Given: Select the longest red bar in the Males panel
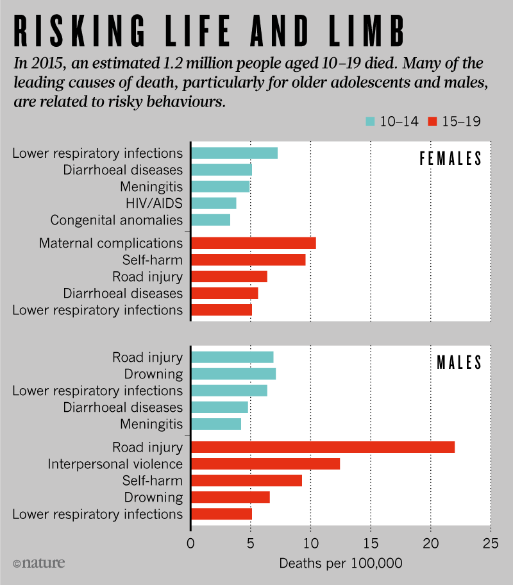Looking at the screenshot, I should pos(323,447).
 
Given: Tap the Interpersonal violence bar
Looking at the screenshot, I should pos(265,464).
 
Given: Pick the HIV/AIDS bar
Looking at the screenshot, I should pos(214,203).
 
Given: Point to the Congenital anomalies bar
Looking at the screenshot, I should pos(210,220).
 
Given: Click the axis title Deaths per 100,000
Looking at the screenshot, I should pos(341,564).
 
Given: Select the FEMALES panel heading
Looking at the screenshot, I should pos(450,160).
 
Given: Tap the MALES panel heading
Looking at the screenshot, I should pos(459,362).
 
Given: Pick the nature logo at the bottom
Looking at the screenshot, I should pos(39,564).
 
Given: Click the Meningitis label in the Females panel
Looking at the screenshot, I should pos(151,187).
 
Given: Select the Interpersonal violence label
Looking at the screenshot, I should pos(115,464).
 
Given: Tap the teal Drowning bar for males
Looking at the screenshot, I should pos(233,374).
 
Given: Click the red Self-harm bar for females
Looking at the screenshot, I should pos(248,260).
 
